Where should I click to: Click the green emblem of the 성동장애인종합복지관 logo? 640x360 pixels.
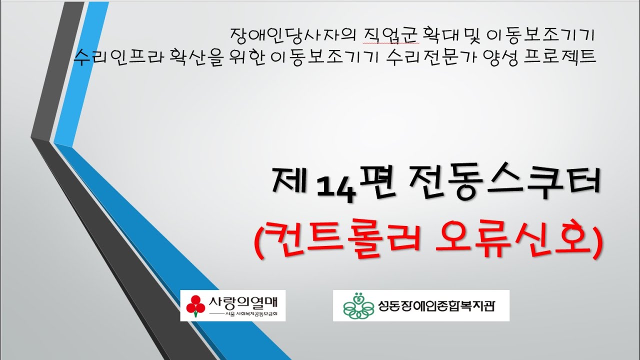(358, 305)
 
